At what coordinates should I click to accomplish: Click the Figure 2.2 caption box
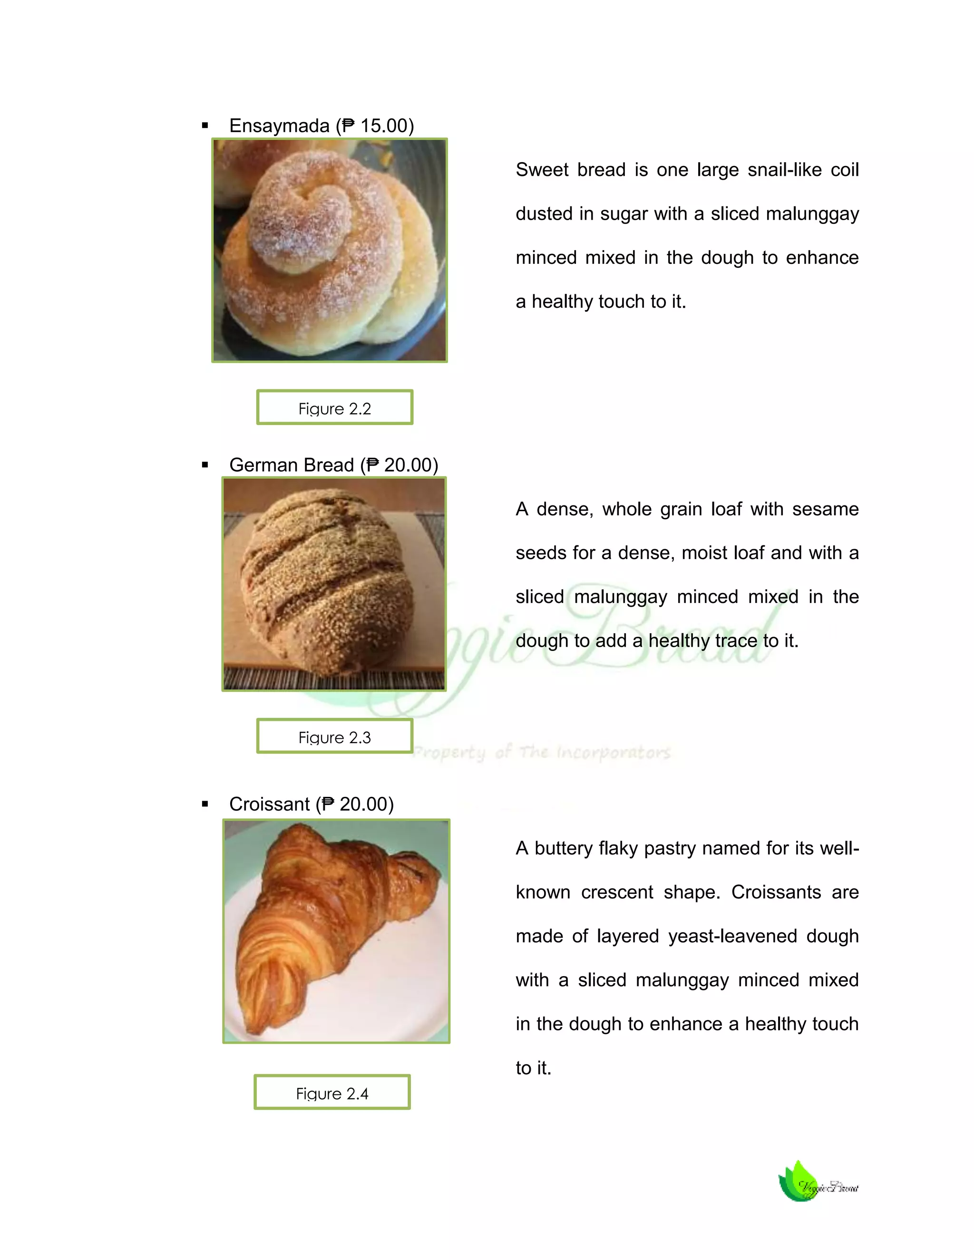[335, 407]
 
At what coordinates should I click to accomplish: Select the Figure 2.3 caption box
[335, 736]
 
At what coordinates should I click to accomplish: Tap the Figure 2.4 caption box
[332, 1092]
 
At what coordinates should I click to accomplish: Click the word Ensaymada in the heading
[279, 126]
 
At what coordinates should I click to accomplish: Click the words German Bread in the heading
[292, 465]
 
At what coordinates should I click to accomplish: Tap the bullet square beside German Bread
[205, 465]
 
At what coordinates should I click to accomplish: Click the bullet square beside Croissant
[205, 804]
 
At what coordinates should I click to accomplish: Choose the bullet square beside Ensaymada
[205, 126]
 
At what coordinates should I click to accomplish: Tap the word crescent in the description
[617, 892]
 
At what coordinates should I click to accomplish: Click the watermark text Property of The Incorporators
[542, 752]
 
